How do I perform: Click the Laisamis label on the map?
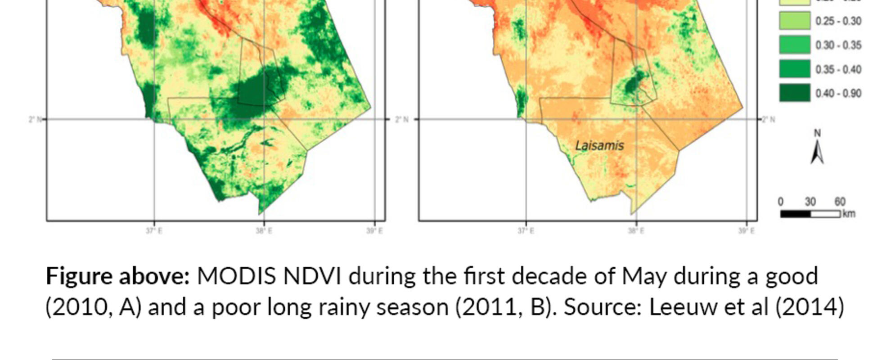tap(599, 146)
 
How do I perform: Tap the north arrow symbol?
tap(817, 148)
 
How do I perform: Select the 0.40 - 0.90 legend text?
tap(838, 94)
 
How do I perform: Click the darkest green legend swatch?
tap(795, 93)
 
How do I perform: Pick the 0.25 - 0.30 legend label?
tap(838, 22)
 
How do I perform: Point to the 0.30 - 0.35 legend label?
tap(838, 45)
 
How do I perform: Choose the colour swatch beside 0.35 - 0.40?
tap(795, 69)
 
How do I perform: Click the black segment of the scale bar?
tap(795, 214)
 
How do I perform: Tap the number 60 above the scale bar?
tap(840, 202)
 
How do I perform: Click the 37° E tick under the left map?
tap(154, 231)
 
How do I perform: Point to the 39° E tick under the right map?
tap(746, 231)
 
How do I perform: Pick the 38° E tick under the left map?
tap(264, 231)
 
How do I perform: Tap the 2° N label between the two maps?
tap(402, 120)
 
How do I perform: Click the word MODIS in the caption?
tap(236, 276)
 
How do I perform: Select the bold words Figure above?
tap(118, 276)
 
